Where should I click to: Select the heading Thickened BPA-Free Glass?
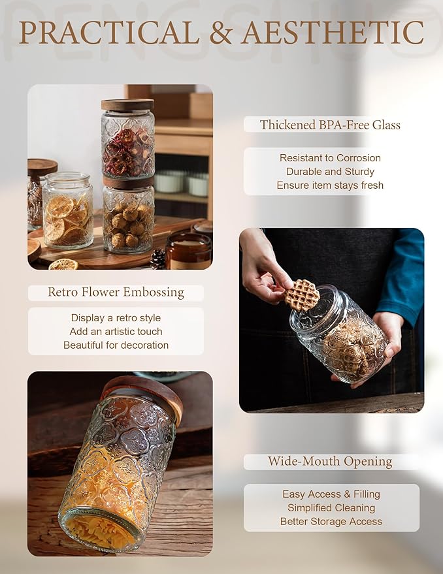click(330, 125)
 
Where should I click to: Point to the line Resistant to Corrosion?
click(330, 158)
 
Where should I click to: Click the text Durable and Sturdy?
click(330, 172)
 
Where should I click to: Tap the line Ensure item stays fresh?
click(330, 185)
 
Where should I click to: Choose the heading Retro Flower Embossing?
click(116, 293)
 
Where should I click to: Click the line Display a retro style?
click(116, 318)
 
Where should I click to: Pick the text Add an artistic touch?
click(116, 332)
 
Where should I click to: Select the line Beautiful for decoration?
click(116, 345)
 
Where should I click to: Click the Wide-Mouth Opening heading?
click(330, 462)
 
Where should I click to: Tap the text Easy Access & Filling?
click(331, 494)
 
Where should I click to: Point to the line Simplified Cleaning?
click(331, 508)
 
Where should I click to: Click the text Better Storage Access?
click(331, 522)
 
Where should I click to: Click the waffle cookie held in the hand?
click(303, 295)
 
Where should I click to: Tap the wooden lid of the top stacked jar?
click(127, 104)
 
